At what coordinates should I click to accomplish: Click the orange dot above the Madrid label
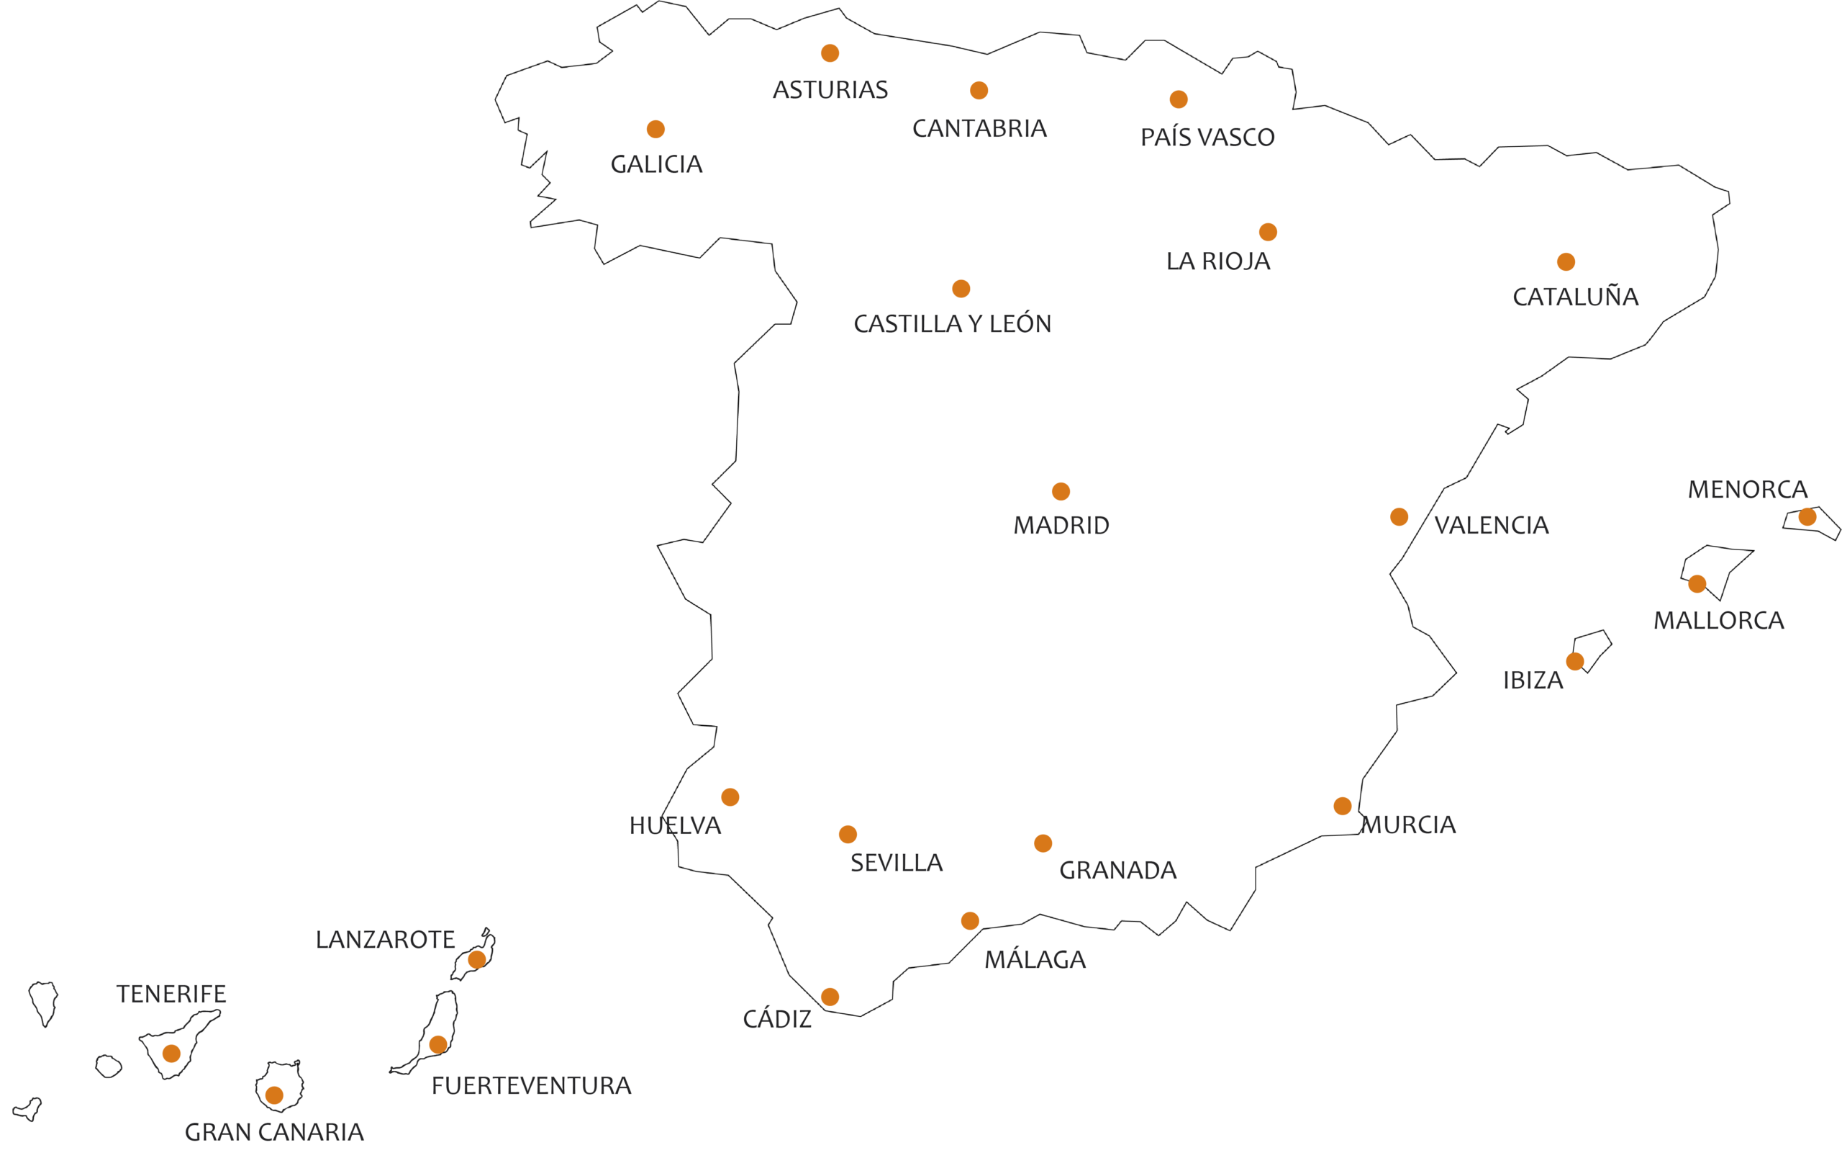coord(1061,491)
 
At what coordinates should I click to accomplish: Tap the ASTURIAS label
coord(831,90)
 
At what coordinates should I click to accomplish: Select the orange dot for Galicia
coord(655,130)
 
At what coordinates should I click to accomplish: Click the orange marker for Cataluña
coord(1566,261)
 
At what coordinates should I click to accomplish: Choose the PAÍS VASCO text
coord(1208,137)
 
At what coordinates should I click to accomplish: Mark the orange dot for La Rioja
coord(1269,232)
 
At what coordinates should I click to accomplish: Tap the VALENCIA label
coord(1492,525)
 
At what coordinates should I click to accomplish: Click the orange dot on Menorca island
coord(1807,516)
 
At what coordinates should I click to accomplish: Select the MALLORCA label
coord(1719,620)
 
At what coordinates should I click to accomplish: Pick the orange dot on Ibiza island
coord(1575,661)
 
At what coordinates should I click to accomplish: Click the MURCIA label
coord(1408,825)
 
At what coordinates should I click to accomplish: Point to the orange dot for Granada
coord(1043,843)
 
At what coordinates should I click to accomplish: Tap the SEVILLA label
coord(897,863)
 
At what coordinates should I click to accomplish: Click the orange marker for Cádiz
coord(830,997)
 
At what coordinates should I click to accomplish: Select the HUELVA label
coord(676,825)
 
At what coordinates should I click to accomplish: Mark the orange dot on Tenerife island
coord(171,1053)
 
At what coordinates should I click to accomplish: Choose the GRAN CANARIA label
coord(275,1132)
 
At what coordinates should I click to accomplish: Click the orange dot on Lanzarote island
coord(476,960)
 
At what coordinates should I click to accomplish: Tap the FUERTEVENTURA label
coord(532,1085)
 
